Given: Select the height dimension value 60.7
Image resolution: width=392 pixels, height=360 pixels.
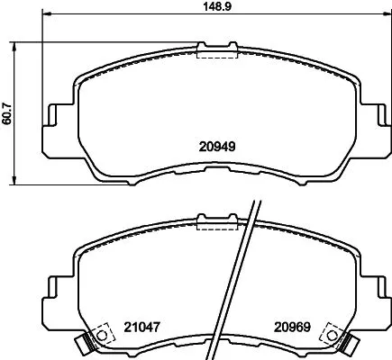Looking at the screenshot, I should (8, 112).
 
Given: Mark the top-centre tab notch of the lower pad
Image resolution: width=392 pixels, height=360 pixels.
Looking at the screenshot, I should (215, 221).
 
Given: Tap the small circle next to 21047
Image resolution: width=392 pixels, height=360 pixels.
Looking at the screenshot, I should (102, 337).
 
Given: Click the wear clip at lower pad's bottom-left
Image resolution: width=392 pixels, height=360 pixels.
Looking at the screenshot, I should (87, 343).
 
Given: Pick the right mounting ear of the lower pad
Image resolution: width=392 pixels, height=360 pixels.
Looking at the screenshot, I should (369, 293).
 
